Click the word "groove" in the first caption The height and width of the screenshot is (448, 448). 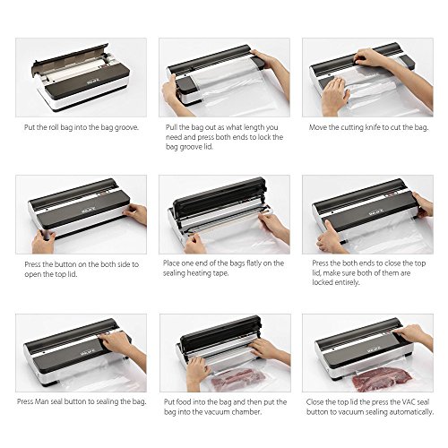tap(126, 128)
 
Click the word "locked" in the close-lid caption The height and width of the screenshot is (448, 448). tap(323, 282)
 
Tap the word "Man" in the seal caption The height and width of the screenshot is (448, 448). tap(41, 401)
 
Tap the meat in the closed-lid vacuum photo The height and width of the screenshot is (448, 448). tap(382, 379)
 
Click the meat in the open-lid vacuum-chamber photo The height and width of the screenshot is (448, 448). tap(238, 379)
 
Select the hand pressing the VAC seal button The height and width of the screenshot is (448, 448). tap(414, 334)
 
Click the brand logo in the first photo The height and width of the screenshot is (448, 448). tap(91, 81)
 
